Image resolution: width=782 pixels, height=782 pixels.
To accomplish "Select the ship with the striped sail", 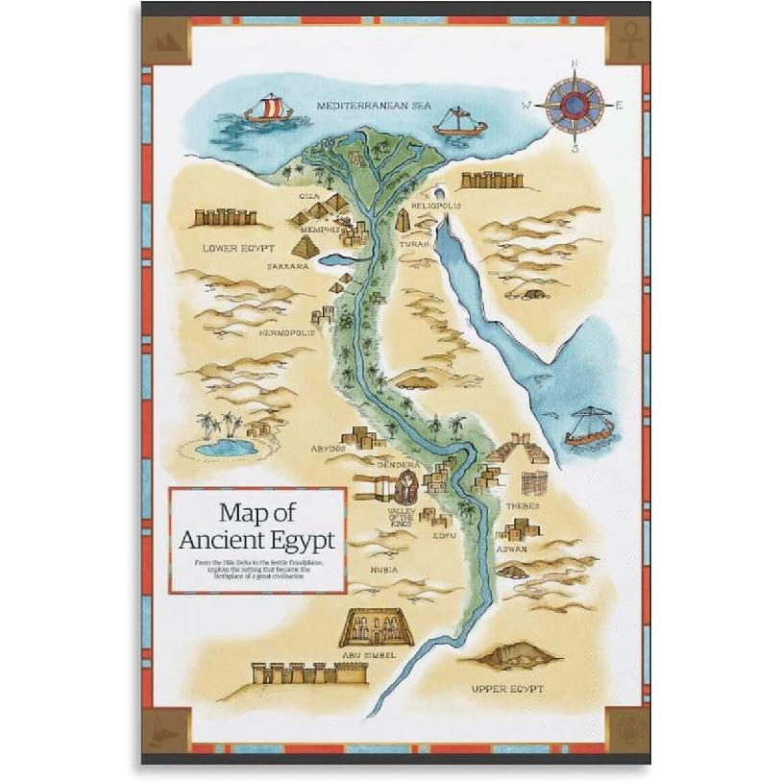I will [x=267, y=110].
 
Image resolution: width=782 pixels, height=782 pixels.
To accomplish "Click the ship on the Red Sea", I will [x=588, y=428].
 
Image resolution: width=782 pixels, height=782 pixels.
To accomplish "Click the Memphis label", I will [x=319, y=230].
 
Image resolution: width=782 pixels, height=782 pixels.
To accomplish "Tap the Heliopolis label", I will [x=435, y=206].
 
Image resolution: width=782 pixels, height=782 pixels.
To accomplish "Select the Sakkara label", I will [x=287, y=266].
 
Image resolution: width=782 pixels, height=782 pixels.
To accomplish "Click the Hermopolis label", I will [x=286, y=333].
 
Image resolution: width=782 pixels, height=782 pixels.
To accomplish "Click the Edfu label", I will [x=444, y=535].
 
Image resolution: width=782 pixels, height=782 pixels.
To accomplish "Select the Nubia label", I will [x=385, y=570].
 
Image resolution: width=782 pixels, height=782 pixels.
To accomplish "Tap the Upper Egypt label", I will [x=507, y=689].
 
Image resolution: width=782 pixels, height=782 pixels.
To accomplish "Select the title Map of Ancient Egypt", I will [x=257, y=525].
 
